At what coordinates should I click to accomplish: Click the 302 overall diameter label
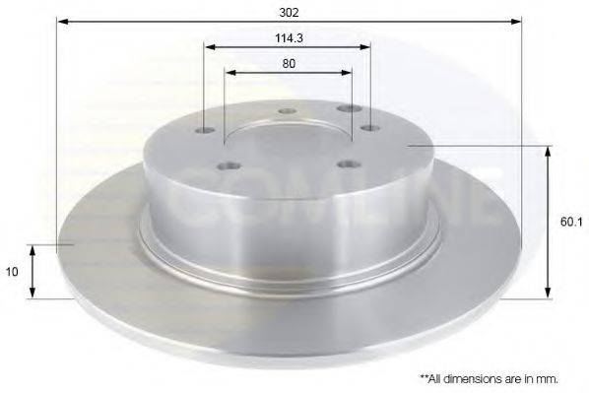pyautogui.click(x=289, y=13)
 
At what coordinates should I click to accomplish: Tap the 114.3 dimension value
pyautogui.click(x=289, y=38)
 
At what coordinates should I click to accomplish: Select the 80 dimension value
pyautogui.click(x=289, y=63)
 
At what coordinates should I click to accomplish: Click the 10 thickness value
pyautogui.click(x=12, y=272)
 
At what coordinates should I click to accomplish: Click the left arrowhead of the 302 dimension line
pyautogui.click(x=63, y=22)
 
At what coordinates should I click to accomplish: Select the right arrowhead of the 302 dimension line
pyautogui.click(x=516, y=22)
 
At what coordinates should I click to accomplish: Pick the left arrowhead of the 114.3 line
pyautogui.click(x=210, y=47)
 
